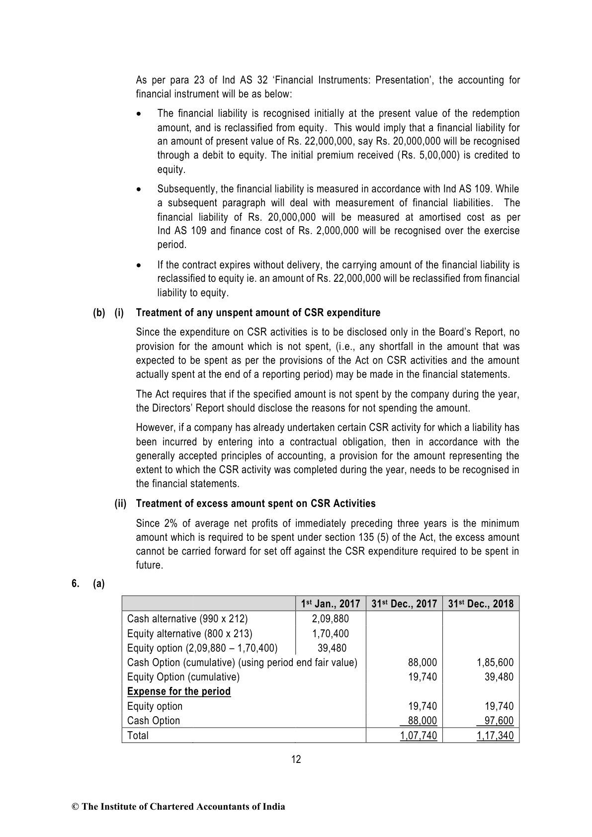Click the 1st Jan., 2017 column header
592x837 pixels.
[x=331, y=603]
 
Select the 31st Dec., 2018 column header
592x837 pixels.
[x=481, y=603]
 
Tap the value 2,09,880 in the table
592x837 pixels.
[x=330, y=619]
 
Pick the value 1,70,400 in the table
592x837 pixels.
[x=330, y=634]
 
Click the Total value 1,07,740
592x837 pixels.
[x=419, y=736]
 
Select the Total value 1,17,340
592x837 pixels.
[x=495, y=736]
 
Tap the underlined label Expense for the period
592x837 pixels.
[x=179, y=691]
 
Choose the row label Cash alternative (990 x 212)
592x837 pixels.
[x=187, y=619]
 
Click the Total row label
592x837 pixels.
[x=138, y=736]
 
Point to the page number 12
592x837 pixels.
[x=296, y=759]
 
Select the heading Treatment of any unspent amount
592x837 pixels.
[x=258, y=313]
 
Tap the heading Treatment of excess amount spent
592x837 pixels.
[x=255, y=503]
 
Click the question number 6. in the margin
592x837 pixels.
[x=76, y=584]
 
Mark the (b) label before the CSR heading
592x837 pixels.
[x=99, y=313]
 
